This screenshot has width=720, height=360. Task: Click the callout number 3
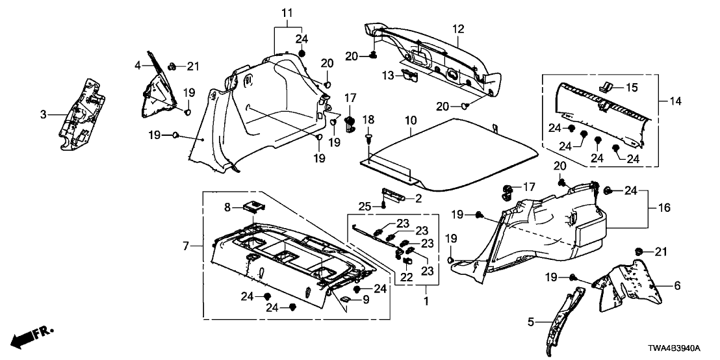pyautogui.click(x=44, y=115)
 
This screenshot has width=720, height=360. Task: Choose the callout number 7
pyautogui.click(x=186, y=246)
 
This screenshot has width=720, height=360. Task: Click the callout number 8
pyautogui.click(x=227, y=207)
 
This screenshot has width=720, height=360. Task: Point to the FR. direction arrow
pyautogui.click(x=32, y=335)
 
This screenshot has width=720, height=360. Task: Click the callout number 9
pyautogui.click(x=365, y=300)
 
